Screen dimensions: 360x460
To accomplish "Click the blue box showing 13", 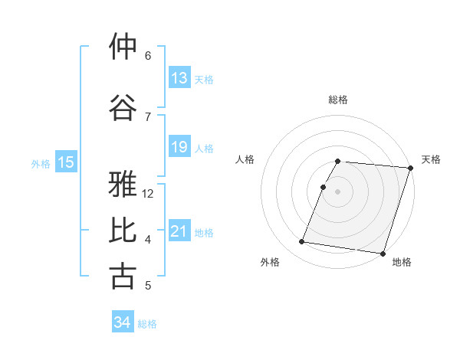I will [179, 77].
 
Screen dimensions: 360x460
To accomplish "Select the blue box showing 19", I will [179, 147].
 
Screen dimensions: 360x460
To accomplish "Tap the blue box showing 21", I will [179, 231].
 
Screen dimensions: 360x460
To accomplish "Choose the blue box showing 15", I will [66, 162].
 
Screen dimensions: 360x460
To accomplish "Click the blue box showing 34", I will [123, 322].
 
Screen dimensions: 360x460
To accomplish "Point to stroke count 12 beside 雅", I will [149, 194].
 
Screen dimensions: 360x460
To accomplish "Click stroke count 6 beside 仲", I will [148, 56].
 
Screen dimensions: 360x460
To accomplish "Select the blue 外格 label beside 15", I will [40, 163].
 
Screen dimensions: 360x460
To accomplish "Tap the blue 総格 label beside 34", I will [147, 324].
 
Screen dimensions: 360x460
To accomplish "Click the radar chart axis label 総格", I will [338, 100].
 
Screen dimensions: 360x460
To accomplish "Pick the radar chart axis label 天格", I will [431, 159].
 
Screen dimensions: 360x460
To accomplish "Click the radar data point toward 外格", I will [302, 242].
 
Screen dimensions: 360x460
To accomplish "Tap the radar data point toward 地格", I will [383, 253].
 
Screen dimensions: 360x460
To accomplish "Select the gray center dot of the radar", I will [338, 191].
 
